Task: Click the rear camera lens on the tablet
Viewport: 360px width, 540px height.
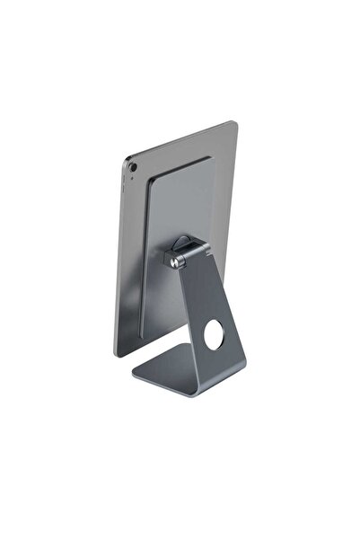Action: tap(134, 166)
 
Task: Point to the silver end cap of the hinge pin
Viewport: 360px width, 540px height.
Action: tap(171, 261)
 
